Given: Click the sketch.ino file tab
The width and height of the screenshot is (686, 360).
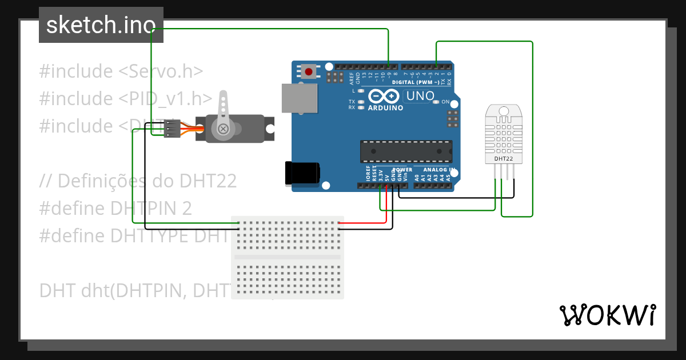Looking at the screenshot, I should [101, 25].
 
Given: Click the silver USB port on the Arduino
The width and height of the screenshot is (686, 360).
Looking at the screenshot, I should [300, 98].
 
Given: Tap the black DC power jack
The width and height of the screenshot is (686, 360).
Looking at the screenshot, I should [302, 173].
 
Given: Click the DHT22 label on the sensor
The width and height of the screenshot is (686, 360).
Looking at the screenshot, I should [503, 158].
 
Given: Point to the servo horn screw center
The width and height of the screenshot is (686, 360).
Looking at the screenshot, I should [224, 130].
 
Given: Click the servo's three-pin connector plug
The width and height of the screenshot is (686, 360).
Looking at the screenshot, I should [171, 129].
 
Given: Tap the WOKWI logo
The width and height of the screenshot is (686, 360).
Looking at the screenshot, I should [607, 315].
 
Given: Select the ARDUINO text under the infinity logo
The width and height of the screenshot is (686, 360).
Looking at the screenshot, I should [386, 107].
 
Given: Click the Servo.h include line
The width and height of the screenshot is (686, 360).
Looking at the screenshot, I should [121, 71].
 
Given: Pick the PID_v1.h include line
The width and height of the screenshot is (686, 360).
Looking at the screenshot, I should [126, 98].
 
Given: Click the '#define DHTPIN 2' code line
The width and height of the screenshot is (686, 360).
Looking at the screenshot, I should [115, 208].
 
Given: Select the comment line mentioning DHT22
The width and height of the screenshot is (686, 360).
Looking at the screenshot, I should [138, 181].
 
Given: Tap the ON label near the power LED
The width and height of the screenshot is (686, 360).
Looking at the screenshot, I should [445, 102].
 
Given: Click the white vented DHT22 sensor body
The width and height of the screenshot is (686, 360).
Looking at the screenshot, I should [503, 133].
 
